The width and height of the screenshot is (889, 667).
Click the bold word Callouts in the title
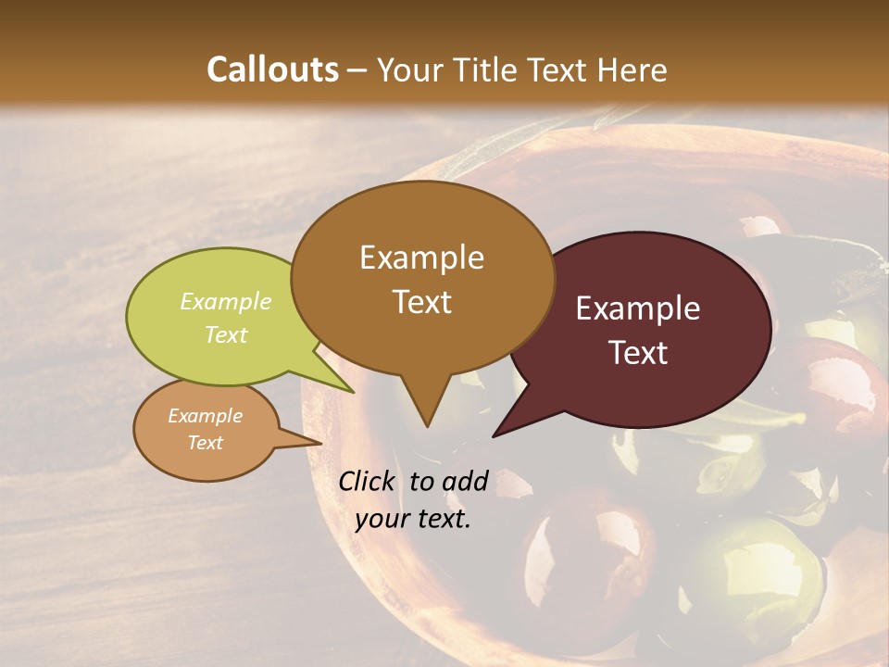(272, 69)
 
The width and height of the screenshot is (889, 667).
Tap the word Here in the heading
(633, 69)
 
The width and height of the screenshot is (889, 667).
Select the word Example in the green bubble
(225, 301)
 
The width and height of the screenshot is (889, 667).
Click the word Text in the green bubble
(225, 334)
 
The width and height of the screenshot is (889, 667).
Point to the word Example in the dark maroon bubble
(638, 308)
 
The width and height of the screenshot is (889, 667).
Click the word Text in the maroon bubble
(638, 352)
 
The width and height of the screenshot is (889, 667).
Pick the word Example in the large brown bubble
(421, 258)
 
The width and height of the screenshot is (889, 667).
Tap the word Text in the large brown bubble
(421, 301)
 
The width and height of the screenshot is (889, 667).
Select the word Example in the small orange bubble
(205, 416)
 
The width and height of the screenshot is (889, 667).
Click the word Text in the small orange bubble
(205, 443)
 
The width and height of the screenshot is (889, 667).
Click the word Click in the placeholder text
(369, 481)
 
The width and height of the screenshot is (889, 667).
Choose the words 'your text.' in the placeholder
(413, 519)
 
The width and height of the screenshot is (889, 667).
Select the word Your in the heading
(408, 69)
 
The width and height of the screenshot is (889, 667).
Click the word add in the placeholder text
(465, 481)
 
